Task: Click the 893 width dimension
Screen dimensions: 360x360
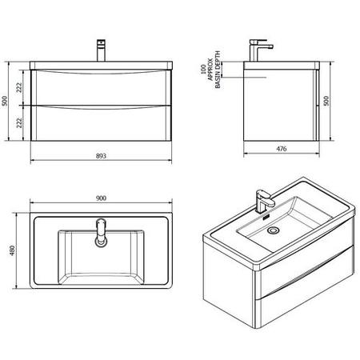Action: coord(101,156)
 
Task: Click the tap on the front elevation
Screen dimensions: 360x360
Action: coord(102,49)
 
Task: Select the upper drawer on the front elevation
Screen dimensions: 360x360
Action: coord(100,88)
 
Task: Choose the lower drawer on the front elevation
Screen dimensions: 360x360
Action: coord(100,124)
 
